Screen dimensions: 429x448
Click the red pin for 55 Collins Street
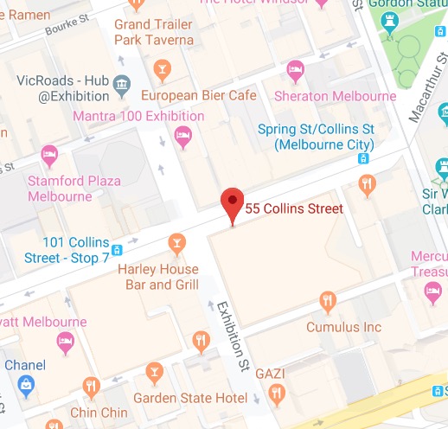pyautogui.click(x=231, y=204)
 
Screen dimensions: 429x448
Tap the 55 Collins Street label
pyautogui.click(x=294, y=208)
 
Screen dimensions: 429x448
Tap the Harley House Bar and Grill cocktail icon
pyautogui.click(x=177, y=241)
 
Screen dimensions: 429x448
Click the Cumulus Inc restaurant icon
pyautogui.click(x=327, y=301)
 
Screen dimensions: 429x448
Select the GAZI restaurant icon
pyautogui.click(x=277, y=395)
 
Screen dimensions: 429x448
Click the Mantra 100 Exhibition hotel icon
pyautogui.click(x=182, y=134)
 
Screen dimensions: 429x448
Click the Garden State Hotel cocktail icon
pyautogui.click(x=155, y=374)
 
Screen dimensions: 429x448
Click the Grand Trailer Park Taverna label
pyautogui.click(x=154, y=32)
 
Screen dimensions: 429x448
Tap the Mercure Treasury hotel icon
pyautogui.click(x=433, y=294)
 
